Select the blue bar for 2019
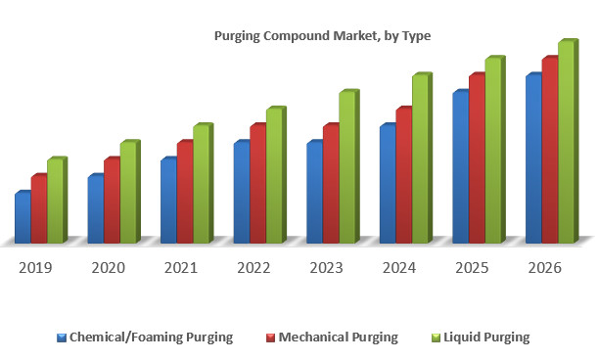(23, 217)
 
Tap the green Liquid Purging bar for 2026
(565, 142)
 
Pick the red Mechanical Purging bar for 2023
(330, 183)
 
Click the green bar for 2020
(127, 192)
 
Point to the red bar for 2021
(184, 192)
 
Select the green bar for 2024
(419, 158)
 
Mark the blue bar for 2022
(241, 192)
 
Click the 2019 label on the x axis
(36, 268)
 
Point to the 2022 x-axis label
(253, 268)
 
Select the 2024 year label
(399, 268)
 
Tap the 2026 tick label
(544, 268)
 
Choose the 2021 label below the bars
(181, 268)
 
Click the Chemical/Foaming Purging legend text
(151, 337)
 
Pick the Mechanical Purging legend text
(339, 337)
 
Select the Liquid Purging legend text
(486, 337)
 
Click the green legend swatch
(436, 337)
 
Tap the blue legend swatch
(62, 337)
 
